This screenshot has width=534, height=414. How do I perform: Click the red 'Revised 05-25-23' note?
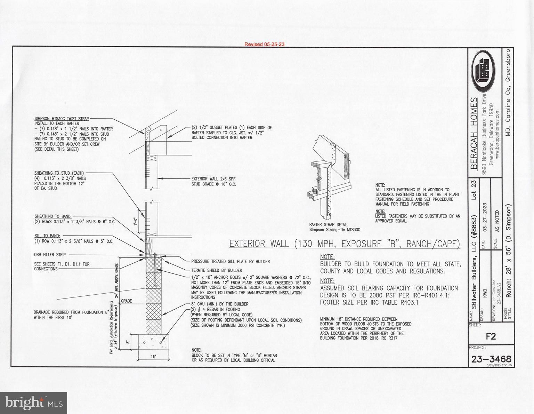[x=264, y=44]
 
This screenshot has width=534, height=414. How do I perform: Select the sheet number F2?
[x=491, y=336]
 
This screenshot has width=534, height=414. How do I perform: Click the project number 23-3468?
[x=491, y=359]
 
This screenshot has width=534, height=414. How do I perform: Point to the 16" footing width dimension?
[x=153, y=357]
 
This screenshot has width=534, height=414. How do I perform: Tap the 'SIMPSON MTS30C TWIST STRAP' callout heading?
[x=62, y=119]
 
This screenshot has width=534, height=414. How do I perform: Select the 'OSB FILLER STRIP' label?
[x=50, y=255]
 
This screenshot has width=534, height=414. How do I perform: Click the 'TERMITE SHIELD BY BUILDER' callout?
[x=217, y=270]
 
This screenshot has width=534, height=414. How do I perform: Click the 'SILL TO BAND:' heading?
[x=47, y=236]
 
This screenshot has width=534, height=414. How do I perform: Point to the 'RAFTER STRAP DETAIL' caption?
[x=328, y=225]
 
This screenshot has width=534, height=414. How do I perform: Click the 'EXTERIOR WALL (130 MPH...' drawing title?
[x=344, y=244]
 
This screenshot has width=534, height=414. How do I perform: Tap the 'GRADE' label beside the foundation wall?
[x=126, y=301]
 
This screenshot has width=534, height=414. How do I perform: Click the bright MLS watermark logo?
[x=33, y=403]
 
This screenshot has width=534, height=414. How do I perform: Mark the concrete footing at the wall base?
[x=153, y=342]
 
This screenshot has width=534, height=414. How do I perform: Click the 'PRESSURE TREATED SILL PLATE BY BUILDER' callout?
[x=230, y=261]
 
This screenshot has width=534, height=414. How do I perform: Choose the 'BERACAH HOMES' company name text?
[x=474, y=133]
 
